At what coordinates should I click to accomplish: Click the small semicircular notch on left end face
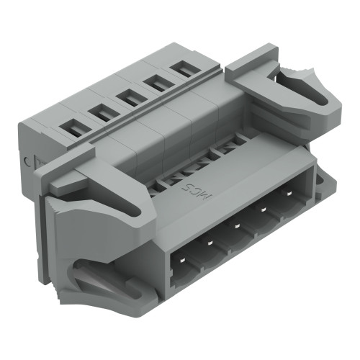click(28, 162)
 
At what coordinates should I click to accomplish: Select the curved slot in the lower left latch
click(101, 277)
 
